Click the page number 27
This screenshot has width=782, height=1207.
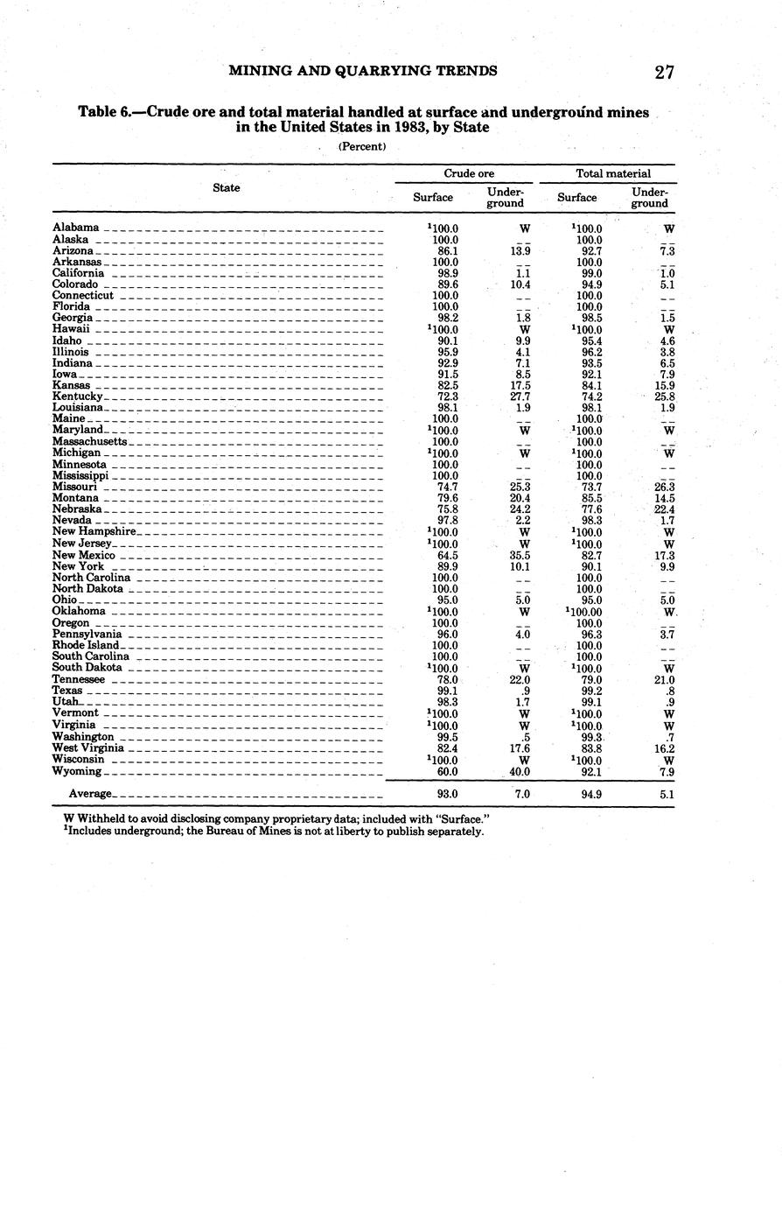pyautogui.click(x=664, y=73)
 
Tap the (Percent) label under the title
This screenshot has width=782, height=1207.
pyautogui.click(x=362, y=146)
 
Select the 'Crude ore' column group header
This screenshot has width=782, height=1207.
pyautogui.click(x=469, y=173)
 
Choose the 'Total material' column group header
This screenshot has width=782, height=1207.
pyautogui.click(x=613, y=173)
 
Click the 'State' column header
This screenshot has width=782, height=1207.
pyautogui.click(x=226, y=187)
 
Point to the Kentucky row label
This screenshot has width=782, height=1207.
pyautogui.click(x=77, y=396)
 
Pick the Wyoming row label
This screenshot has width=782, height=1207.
pyautogui.click(x=77, y=771)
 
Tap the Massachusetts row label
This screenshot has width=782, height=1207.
pyautogui.click(x=90, y=441)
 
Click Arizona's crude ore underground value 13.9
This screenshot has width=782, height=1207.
pyautogui.click(x=520, y=250)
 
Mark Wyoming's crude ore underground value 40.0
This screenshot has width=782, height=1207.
pyautogui.click(x=520, y=771)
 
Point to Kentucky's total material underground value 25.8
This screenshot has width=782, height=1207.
pyautogui.click(x=664, y=396)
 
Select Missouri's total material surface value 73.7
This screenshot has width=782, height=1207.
pyautogui.click(x=590, y=487)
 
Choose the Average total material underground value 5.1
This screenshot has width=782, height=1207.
pyautogui.click(x=666, y=794)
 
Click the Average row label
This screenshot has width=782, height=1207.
pyautogui.click(x=91, y=794)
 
